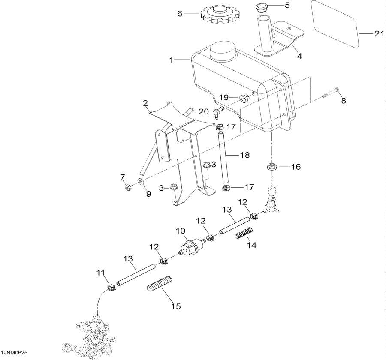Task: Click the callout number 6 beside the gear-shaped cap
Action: [180, 13]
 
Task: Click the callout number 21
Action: [379, 34]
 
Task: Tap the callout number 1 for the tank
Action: [171, 60]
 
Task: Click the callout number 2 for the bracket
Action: [145, 103]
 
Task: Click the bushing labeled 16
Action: [271, 166]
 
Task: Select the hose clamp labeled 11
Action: [111, 288]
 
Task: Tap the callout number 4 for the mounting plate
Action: [299, 55]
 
